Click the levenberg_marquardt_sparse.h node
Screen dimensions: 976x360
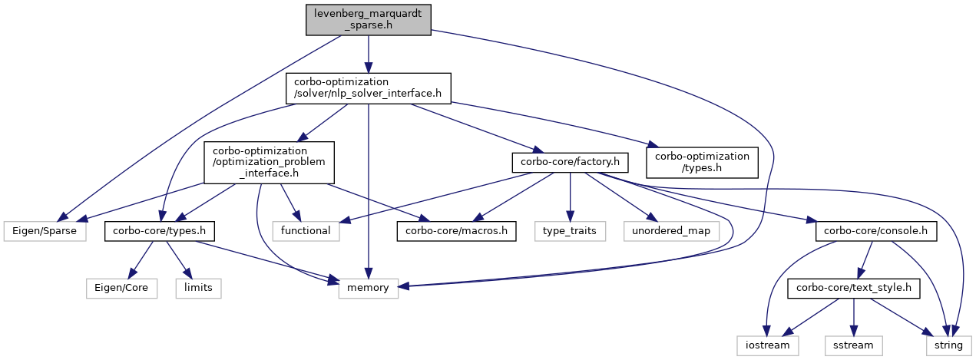[368, 20]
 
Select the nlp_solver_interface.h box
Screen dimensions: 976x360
[368, 88]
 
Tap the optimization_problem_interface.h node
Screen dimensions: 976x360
[269, 163]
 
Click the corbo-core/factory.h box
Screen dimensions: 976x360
[570, 163]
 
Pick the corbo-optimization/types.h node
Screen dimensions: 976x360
[702, 163]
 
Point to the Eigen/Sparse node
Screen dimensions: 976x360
[45, 231]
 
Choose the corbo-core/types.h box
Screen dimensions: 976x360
[160, 231]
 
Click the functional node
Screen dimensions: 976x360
[306, 231]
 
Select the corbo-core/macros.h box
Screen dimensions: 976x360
[456, 231]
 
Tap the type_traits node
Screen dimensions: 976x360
[570, 231]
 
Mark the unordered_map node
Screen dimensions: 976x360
[671, 231]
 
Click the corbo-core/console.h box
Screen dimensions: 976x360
[875, 231]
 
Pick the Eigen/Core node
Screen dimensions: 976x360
[121, 288]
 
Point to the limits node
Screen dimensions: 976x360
[198, 288]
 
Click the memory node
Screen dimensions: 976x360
[368, 288]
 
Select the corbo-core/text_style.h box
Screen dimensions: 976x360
[854, 288]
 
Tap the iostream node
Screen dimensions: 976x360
[768, 345]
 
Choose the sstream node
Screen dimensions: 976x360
[853, 345]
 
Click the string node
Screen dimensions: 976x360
[948, 345]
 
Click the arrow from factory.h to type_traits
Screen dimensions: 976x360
[570, 197]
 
